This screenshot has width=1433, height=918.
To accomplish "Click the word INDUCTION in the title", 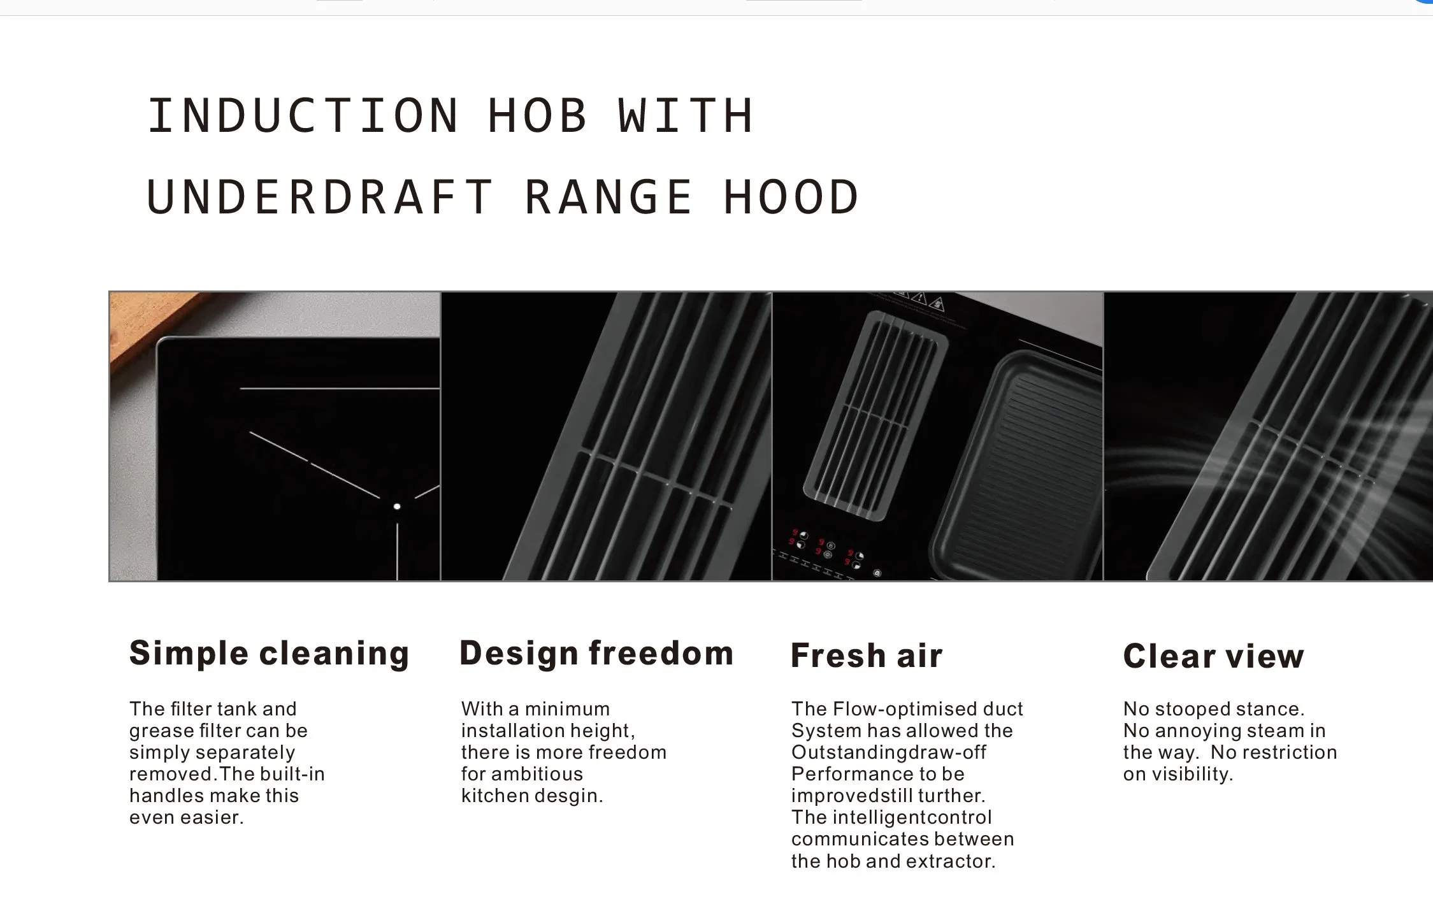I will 303,116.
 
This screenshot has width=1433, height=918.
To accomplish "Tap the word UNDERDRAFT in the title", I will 320,197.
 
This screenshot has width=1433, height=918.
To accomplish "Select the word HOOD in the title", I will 792,197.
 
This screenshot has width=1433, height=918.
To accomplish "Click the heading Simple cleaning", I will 269,654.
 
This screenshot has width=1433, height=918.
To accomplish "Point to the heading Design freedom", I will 596,654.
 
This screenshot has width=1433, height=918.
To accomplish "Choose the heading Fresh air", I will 867,656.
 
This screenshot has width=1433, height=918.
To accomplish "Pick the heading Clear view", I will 1213,656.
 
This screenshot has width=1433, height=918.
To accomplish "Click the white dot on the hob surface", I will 397,506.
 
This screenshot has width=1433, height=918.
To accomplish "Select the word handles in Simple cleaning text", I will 166,796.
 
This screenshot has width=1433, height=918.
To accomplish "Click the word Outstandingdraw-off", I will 888,752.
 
